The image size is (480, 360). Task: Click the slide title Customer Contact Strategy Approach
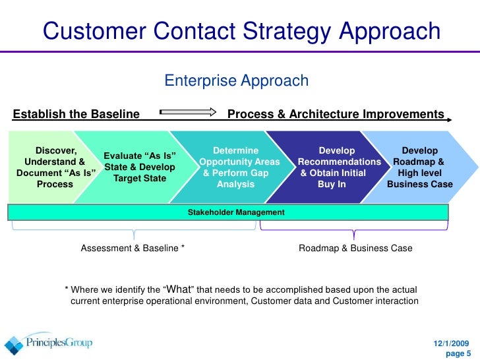click(x=241, y=30)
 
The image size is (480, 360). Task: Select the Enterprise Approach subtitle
click(x=236, y=81)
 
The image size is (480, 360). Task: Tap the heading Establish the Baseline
click(x=76, y=114)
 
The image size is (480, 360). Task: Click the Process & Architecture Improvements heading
click(x=336, y=114)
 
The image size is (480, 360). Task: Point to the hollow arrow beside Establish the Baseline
click(x=188, y=111)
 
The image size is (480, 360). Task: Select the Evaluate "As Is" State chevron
click(x=139, y=167)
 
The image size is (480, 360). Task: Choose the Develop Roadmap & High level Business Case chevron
click(x=420, y=167)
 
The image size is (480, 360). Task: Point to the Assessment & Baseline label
click(x=133, y=249)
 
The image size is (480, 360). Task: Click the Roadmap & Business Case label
click(x=355, y=249)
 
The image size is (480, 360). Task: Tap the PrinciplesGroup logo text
click(x=59, y=344)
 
